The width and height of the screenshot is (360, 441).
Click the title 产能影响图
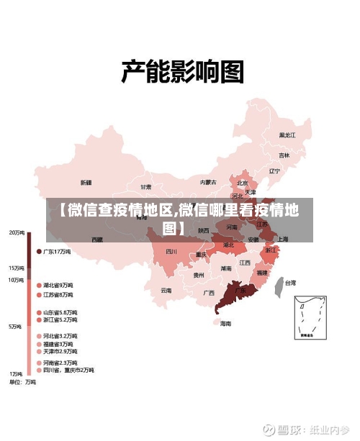(x=181, y=71)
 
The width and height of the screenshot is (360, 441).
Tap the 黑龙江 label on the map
(x=287, y=135)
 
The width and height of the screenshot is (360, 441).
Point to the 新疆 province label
(x=86, y=182)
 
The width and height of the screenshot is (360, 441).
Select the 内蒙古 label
(x=208, y=182)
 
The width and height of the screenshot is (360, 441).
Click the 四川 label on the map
(x=171, y=252)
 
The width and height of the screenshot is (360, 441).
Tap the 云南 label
(x=166, y=291)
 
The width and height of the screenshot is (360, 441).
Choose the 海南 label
(x=226, y=323)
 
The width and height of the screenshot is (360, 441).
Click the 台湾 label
(x=289, y=283)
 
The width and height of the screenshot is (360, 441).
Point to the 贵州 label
(x=199, y=275)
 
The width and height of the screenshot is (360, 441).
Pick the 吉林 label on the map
(x=284, y=155)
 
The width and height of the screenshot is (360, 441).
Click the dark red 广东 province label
(x=240, y=291)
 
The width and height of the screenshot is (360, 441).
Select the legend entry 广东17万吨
(x=57, y=252)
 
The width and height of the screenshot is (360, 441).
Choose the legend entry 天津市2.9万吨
(x=60, y=351)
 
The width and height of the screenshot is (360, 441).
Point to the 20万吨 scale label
(x=16, y=232)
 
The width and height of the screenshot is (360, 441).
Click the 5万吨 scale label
(x=15, y=327)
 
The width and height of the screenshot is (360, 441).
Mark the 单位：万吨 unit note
(x=22, y=382)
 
